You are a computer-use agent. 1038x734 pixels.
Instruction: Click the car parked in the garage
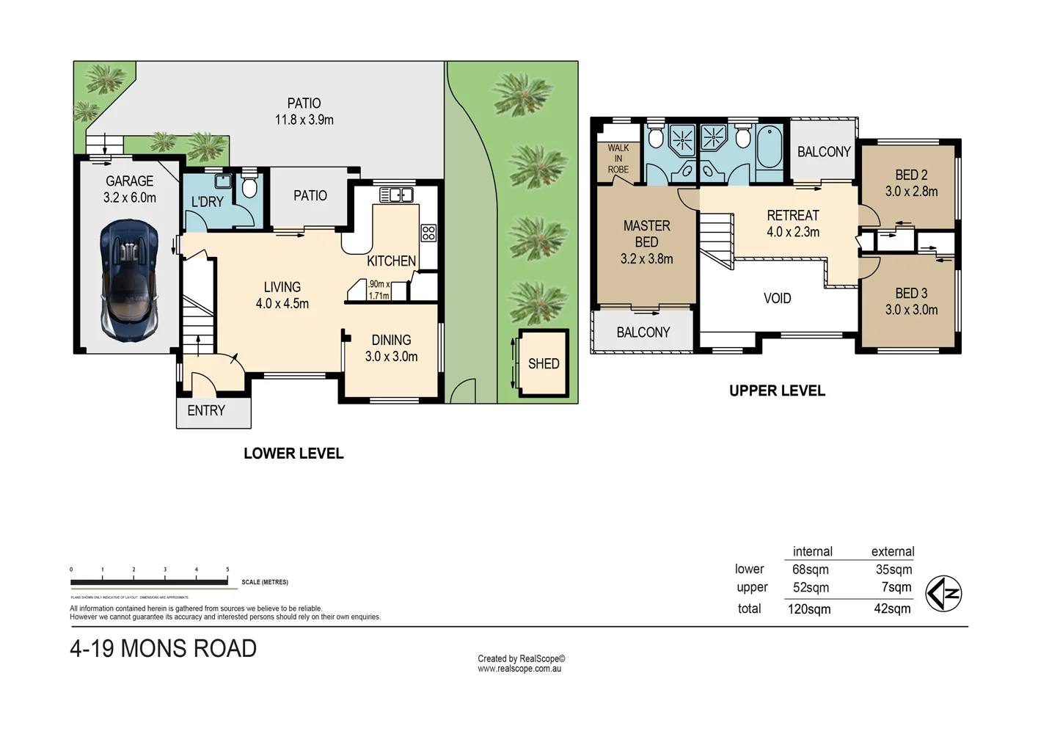(129, 280)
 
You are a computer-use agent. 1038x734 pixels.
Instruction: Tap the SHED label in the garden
(544, 363)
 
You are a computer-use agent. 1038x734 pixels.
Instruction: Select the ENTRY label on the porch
(206, 411)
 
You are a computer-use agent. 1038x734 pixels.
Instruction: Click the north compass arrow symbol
(943, 594)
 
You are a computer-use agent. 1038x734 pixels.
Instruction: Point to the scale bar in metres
(149, 582)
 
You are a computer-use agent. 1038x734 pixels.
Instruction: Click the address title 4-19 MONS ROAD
(163, 649)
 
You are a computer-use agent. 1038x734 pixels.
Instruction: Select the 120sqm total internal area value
(809, 609)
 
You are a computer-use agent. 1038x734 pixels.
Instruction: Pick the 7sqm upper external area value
(896, 587)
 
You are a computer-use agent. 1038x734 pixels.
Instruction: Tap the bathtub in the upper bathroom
(770, 148)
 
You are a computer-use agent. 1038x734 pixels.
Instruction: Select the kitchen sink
(396, 195)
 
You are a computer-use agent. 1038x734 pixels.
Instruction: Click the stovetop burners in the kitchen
(428, 233)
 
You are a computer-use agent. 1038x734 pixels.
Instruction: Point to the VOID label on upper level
(777, 299)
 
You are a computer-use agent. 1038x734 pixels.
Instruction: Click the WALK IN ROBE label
(618, 159)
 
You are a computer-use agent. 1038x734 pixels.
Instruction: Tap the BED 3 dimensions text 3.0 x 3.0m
(911, 310)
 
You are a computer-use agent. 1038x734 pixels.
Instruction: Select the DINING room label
(391, 340)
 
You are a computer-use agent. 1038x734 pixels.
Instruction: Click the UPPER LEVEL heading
(777, 391)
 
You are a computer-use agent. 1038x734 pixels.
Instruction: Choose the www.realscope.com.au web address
(519, 669)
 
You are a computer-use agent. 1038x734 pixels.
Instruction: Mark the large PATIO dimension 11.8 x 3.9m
(304, 120)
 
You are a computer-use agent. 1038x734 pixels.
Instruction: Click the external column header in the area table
(892, 551)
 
